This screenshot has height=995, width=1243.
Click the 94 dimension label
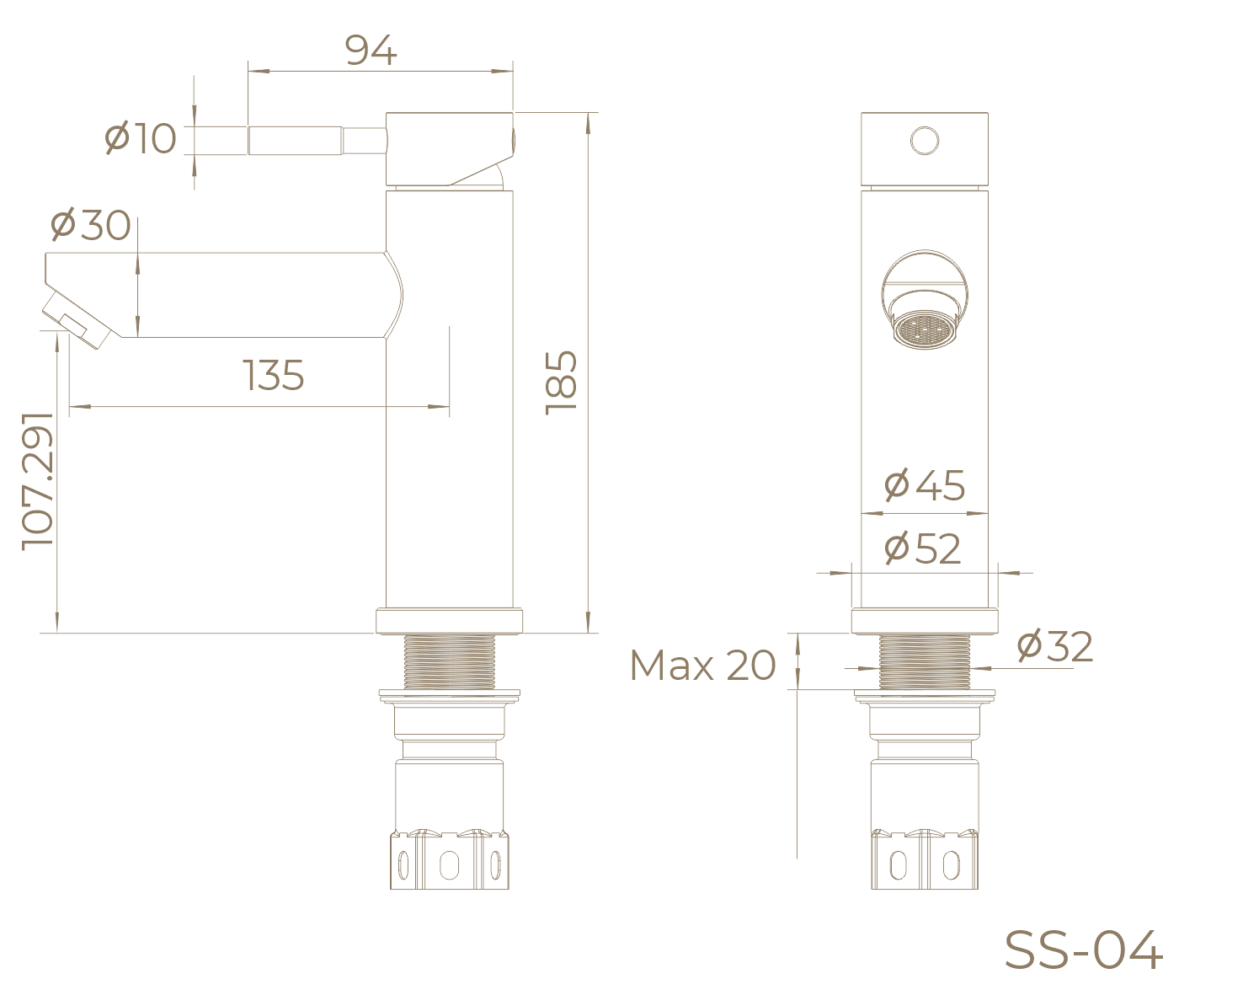pyautogui.click(x=371, y=52)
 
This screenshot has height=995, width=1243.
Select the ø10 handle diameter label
pyautogui.click(x=141, y=138)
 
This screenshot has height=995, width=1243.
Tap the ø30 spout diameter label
pyautogui.click(x=91, y=225)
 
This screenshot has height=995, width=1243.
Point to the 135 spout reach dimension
pyautogui.click(x=274, y=375)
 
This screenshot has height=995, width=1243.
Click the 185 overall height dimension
pyautogui.click(x=562, y=381)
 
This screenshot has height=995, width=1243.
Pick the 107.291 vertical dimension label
pyautogui.click(x=38, y=480)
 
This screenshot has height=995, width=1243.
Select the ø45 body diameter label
pyautogui.click(x=925, y=485)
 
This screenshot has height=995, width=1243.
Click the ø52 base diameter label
pyautogui.click(x=923, y=549)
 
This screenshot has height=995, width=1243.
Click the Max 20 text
pyautogui.click(x=702, y=666)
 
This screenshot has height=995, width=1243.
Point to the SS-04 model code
pyautogui.click(x=1083, y=950)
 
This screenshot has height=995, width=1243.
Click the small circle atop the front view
pyautogui.click(x=925, y=141)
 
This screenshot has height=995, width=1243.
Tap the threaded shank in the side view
pyautogui.click(x=449, y=661)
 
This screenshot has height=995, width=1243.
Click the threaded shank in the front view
pyautogui.click(x=925, y=661)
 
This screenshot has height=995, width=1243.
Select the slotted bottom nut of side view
pyautogui.click(x=450, y=861)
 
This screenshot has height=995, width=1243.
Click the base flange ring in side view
pyautogui.click(x=450, y=621)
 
